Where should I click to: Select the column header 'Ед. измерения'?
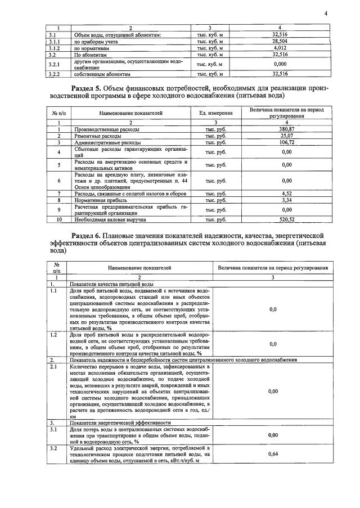tap(215, 114)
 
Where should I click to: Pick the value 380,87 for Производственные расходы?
tap(287, 129)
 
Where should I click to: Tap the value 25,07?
tap(287, 136)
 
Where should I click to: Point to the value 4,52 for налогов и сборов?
tap(287, 194)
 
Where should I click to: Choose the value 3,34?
tap(287, 200)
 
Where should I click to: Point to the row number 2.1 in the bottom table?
tap(53, 367)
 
